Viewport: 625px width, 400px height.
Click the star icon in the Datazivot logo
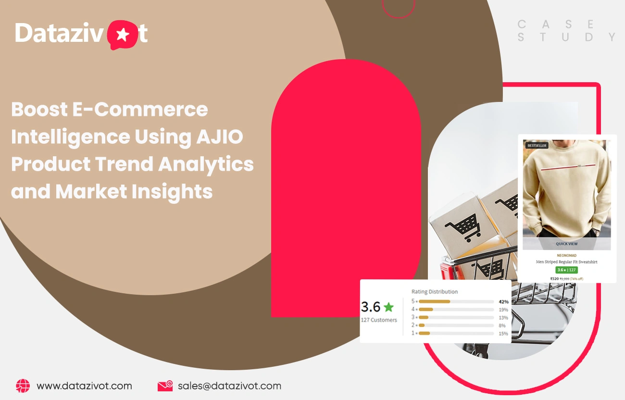(x=123, y=35)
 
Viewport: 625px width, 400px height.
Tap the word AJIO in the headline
(x=220, y=137)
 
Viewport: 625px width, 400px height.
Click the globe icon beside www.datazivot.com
(x=23, y=386)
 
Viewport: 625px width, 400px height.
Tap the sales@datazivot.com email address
(x=229, y=386)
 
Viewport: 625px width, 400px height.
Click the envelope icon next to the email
(x=165, y=386)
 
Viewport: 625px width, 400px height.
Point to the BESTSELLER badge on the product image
(x=537, y=145)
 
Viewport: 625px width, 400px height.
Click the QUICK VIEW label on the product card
(x=567, y=244)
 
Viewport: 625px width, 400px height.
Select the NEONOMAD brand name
(x=567, y=255)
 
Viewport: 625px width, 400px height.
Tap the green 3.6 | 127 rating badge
(x=567, y=270)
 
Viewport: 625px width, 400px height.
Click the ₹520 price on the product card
(x=554, y=278)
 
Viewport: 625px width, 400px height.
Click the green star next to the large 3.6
(x=388, y=307)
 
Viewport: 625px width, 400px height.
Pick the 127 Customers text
(x=379, y=320)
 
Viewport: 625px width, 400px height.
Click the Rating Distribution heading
(x=435, y=291)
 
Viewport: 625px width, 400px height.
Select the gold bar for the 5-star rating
(x=435, y=301)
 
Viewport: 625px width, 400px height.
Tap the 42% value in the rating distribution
(x=503, y=301)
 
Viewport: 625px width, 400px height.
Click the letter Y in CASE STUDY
(x=612, y=37)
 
